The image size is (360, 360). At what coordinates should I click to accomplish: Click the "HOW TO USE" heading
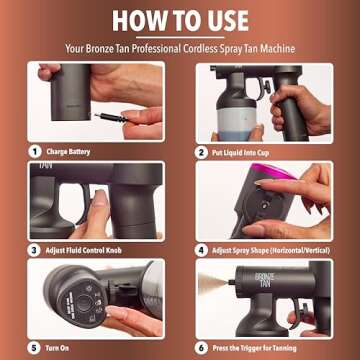point(180,20)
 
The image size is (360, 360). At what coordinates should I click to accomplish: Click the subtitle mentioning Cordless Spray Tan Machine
point(180,46)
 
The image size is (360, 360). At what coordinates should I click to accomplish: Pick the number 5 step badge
point(32,348)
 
